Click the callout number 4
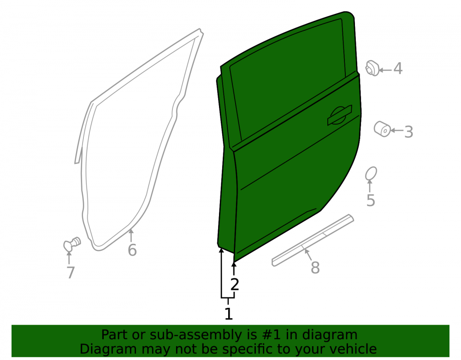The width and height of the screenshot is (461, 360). tap(398, 69)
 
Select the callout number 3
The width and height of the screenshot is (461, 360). tap(408, 132)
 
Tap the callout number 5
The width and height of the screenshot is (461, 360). tap(371, 201)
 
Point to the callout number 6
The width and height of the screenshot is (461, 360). tap(132, 250)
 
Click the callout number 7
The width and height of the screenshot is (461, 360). tap(71, 273)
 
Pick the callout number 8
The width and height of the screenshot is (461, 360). tap(315, 268)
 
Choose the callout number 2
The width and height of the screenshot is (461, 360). tap(235, 284)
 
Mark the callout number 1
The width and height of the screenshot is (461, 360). tap(229, 314)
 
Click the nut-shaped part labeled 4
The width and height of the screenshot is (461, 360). tap(372, 68)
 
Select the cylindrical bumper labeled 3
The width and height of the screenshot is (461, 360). tap(382, 129)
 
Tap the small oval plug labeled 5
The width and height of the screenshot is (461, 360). tap(371, 174)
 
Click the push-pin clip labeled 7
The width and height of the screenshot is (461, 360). tap(72, 244)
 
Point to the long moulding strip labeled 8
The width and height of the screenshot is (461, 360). tap(313, 240)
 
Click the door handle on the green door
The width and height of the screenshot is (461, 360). tap(340, 115)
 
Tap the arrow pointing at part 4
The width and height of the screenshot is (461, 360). tap(385, 70)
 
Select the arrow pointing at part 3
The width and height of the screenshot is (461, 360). tap(396, 130)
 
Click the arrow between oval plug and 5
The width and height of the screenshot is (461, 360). tap(370, 186)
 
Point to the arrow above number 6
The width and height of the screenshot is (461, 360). tap(131, 235)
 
